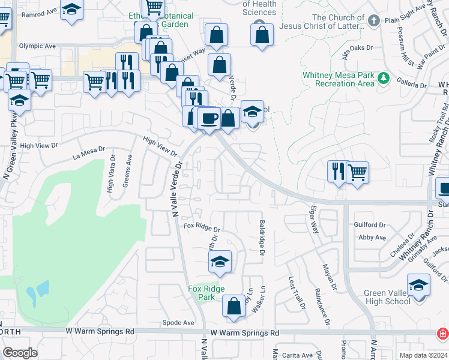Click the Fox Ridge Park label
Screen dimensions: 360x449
[206, 293]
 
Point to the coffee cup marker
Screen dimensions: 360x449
[209, 118]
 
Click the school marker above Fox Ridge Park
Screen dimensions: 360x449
[220, 262]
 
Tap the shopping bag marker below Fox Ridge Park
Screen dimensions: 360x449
[234, 306]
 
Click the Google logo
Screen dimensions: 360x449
[20, 352]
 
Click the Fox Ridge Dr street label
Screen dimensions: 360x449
[202, 227]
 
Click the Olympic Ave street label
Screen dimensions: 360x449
[37, 46]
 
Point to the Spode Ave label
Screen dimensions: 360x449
[178, 323]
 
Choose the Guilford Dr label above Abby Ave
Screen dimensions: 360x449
[370, 225]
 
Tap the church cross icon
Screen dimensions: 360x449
[373, 22]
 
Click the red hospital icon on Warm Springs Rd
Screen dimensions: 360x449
[442, 332]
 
